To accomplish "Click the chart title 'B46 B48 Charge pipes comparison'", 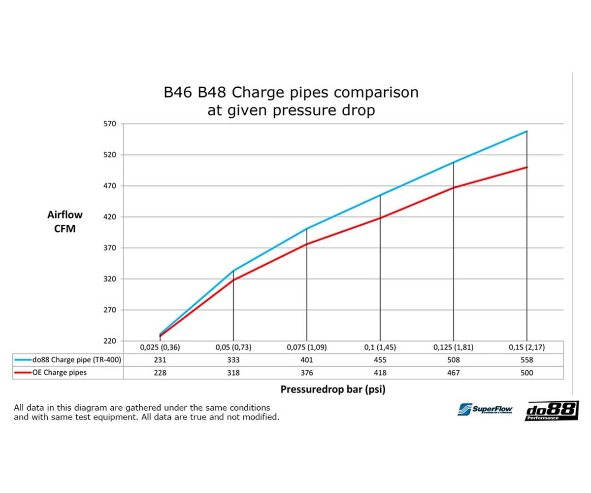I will click(291, 93).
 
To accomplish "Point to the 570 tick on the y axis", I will click(109, 124).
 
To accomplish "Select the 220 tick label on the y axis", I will click(109, 341).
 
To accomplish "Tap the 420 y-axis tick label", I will click(109, 217).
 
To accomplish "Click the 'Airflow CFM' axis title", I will click(65, 222).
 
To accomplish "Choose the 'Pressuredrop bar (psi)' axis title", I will click(332, 389).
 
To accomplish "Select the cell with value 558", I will click(526, 360).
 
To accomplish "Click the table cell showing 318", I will click(233, 373).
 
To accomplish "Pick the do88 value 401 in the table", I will click(306, 360).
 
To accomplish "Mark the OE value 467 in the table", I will click(453, 373).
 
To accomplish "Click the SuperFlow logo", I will click(485, 409).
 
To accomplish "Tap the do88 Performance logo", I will click(552, 411).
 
